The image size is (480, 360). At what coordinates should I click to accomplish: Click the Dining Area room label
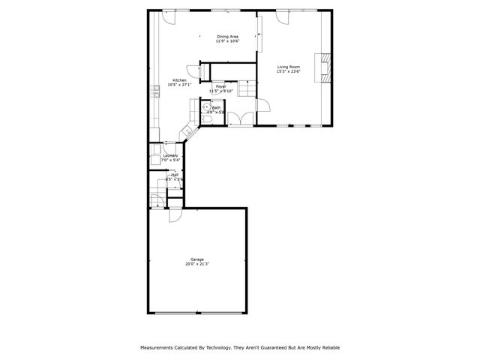point(227,36)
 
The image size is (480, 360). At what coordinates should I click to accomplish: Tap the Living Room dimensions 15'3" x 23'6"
point(288,72)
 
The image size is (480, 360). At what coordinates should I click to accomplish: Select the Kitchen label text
point(179,80)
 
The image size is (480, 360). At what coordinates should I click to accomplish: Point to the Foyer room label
point(221,86)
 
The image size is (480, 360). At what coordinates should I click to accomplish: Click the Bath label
point(216,107)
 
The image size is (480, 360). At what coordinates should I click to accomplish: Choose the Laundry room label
point(170,155)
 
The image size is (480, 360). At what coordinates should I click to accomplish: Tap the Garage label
point(196,259)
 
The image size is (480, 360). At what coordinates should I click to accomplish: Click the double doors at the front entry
point(239,118)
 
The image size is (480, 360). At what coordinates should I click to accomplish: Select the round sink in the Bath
point(205,107)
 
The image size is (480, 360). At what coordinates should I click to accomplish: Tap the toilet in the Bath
point(206,120)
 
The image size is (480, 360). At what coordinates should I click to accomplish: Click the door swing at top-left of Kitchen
point(169,19)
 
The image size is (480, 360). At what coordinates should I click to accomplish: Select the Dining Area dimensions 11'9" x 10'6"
point(227,41)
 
